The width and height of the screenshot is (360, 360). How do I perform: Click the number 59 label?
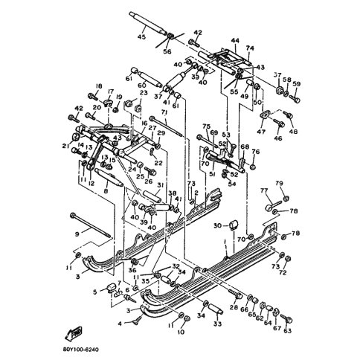[x=296, y=83]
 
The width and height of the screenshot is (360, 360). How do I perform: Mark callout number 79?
[x=280, y=183]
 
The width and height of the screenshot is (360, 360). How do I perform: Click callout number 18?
[x=99, y=87]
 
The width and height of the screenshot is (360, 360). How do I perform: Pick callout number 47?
[x=260, y=131]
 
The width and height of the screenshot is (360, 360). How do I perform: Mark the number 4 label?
[x=118, y=324]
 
